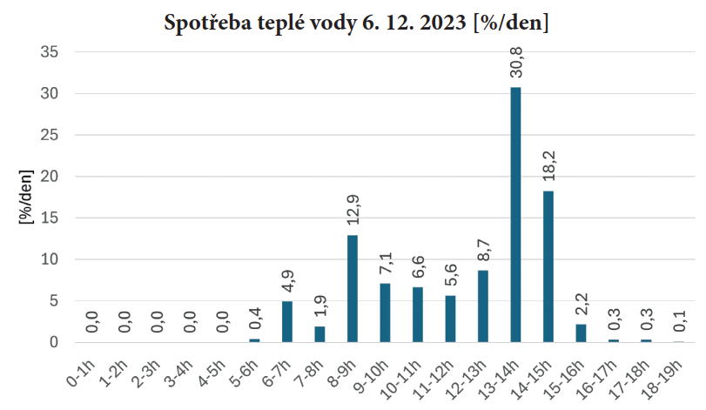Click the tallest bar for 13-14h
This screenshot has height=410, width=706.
[515, 214]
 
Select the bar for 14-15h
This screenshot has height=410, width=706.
[548, 266]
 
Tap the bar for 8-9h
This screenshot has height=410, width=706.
[353, 288]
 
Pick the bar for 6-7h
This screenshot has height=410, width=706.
[287, 321]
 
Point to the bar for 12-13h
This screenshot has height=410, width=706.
[483, 306]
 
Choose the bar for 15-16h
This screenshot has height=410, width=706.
[581, 333]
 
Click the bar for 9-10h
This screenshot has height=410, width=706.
[385, 313]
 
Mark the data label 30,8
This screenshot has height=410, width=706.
[515, 65]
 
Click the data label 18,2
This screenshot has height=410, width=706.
[548, 168]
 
